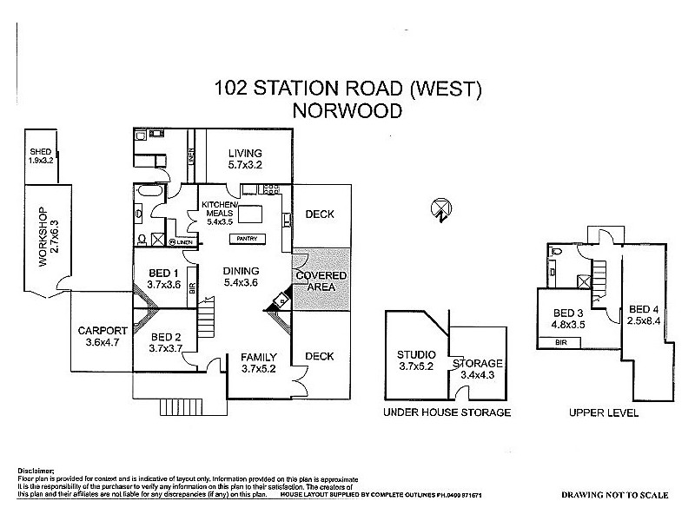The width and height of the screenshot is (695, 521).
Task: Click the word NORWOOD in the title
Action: point(347,111)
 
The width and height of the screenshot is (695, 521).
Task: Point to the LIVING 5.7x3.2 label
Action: point(245,159)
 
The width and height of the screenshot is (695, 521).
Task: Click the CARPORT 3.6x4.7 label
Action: point(103,336)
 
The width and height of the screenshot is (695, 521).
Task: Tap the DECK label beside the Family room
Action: point(320,356)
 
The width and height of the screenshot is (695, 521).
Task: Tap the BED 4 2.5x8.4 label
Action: point(644,315)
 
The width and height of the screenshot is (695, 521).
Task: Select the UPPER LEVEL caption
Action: point(604,412)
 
